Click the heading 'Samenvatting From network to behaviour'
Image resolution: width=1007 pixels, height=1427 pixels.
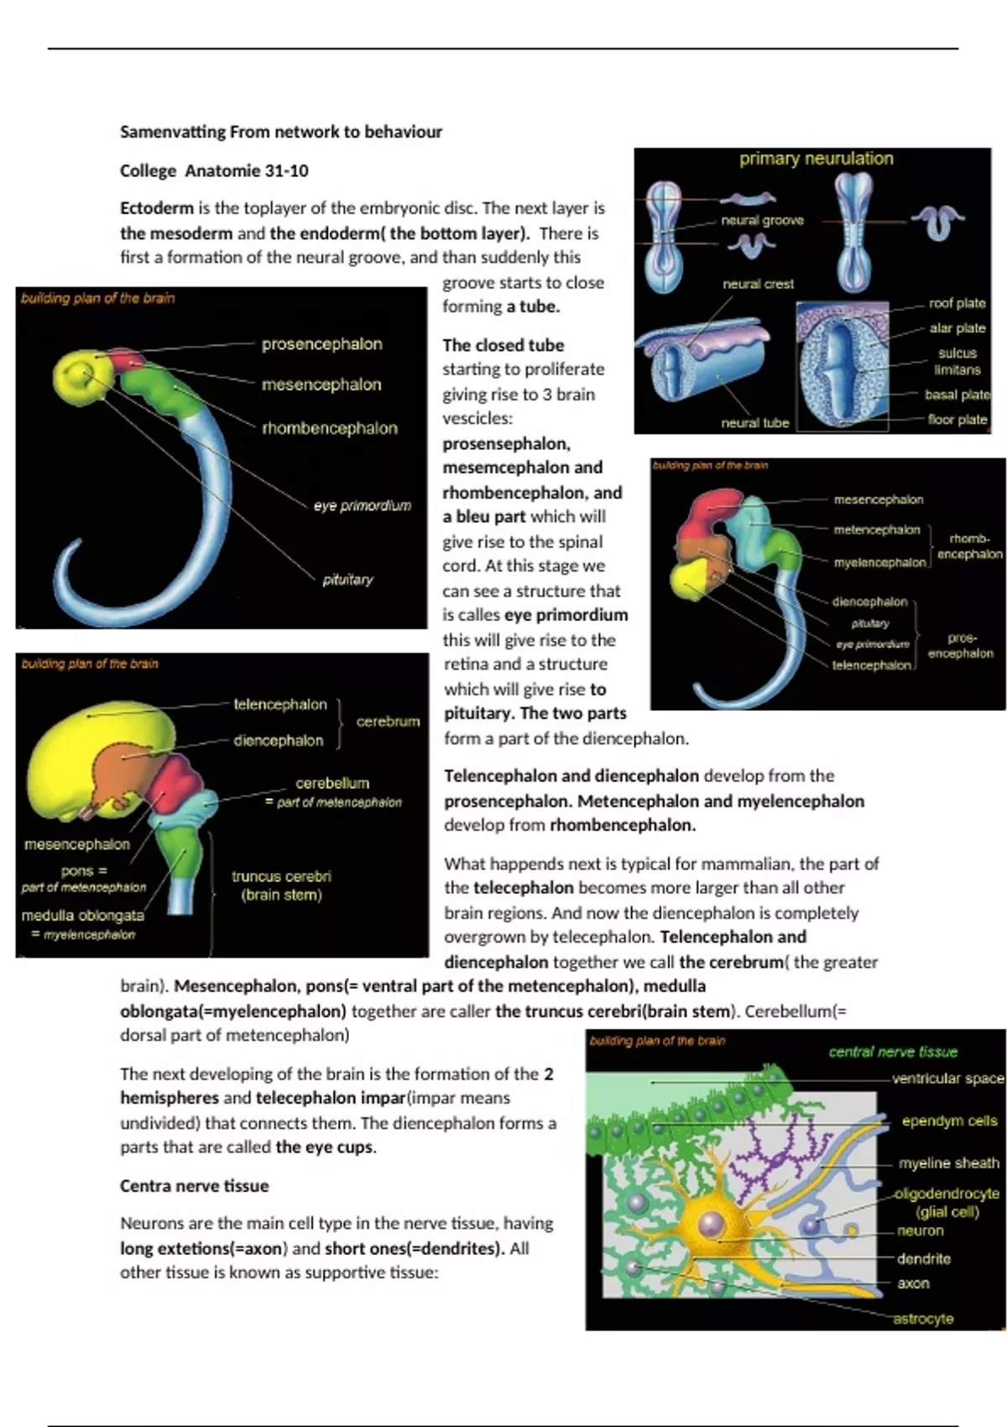[280, 132]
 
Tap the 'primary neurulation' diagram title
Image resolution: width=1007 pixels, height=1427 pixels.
[816, 159]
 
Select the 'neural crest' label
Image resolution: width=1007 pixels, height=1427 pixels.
[758, 285]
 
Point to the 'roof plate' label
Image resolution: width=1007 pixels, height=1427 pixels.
[957, 303]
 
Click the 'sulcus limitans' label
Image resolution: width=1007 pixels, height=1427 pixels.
[957, 361]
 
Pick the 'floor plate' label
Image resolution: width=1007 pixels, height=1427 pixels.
[957, 419]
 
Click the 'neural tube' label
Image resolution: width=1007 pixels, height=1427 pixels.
[754, 423]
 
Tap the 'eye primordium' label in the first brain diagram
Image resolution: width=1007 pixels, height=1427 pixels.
[363, 505]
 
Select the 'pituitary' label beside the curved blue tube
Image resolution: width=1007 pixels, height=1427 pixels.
[347, 579]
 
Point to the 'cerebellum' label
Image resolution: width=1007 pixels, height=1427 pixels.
[331, 783]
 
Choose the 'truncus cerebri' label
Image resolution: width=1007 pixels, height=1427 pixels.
[281, 876]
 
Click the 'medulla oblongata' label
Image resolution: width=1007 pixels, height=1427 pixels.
[82, 915]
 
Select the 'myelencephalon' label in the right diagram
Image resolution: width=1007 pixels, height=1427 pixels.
[879, 562]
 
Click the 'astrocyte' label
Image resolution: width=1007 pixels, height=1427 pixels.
[922, 1319]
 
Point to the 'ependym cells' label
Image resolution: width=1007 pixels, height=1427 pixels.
[949, 1121]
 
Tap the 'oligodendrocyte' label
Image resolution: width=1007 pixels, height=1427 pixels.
[947, 1194]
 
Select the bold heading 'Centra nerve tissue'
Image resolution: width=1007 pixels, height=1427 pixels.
[194, 1186]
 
